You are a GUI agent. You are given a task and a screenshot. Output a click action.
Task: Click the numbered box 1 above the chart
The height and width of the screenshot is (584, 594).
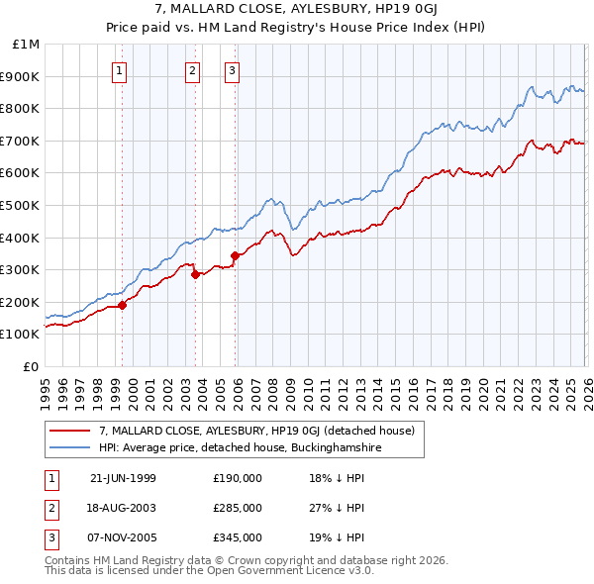120,70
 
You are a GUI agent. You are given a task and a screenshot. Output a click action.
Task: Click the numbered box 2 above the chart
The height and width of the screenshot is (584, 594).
192,70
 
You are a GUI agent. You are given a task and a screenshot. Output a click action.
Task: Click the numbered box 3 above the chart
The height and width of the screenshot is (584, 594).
232,70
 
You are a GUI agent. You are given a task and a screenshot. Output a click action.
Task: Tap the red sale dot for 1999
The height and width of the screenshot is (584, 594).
123,306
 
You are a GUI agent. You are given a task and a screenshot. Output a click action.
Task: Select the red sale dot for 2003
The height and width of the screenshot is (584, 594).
195,275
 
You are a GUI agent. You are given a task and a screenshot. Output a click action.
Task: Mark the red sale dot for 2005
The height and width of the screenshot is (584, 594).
235,255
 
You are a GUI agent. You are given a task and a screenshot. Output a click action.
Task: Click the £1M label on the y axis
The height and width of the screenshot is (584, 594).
27,45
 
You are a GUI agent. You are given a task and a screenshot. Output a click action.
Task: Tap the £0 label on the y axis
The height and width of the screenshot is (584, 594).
33,367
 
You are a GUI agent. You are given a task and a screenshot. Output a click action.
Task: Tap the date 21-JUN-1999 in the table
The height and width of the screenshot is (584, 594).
123,478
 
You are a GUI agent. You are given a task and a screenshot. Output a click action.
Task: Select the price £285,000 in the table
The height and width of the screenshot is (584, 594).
238,508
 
